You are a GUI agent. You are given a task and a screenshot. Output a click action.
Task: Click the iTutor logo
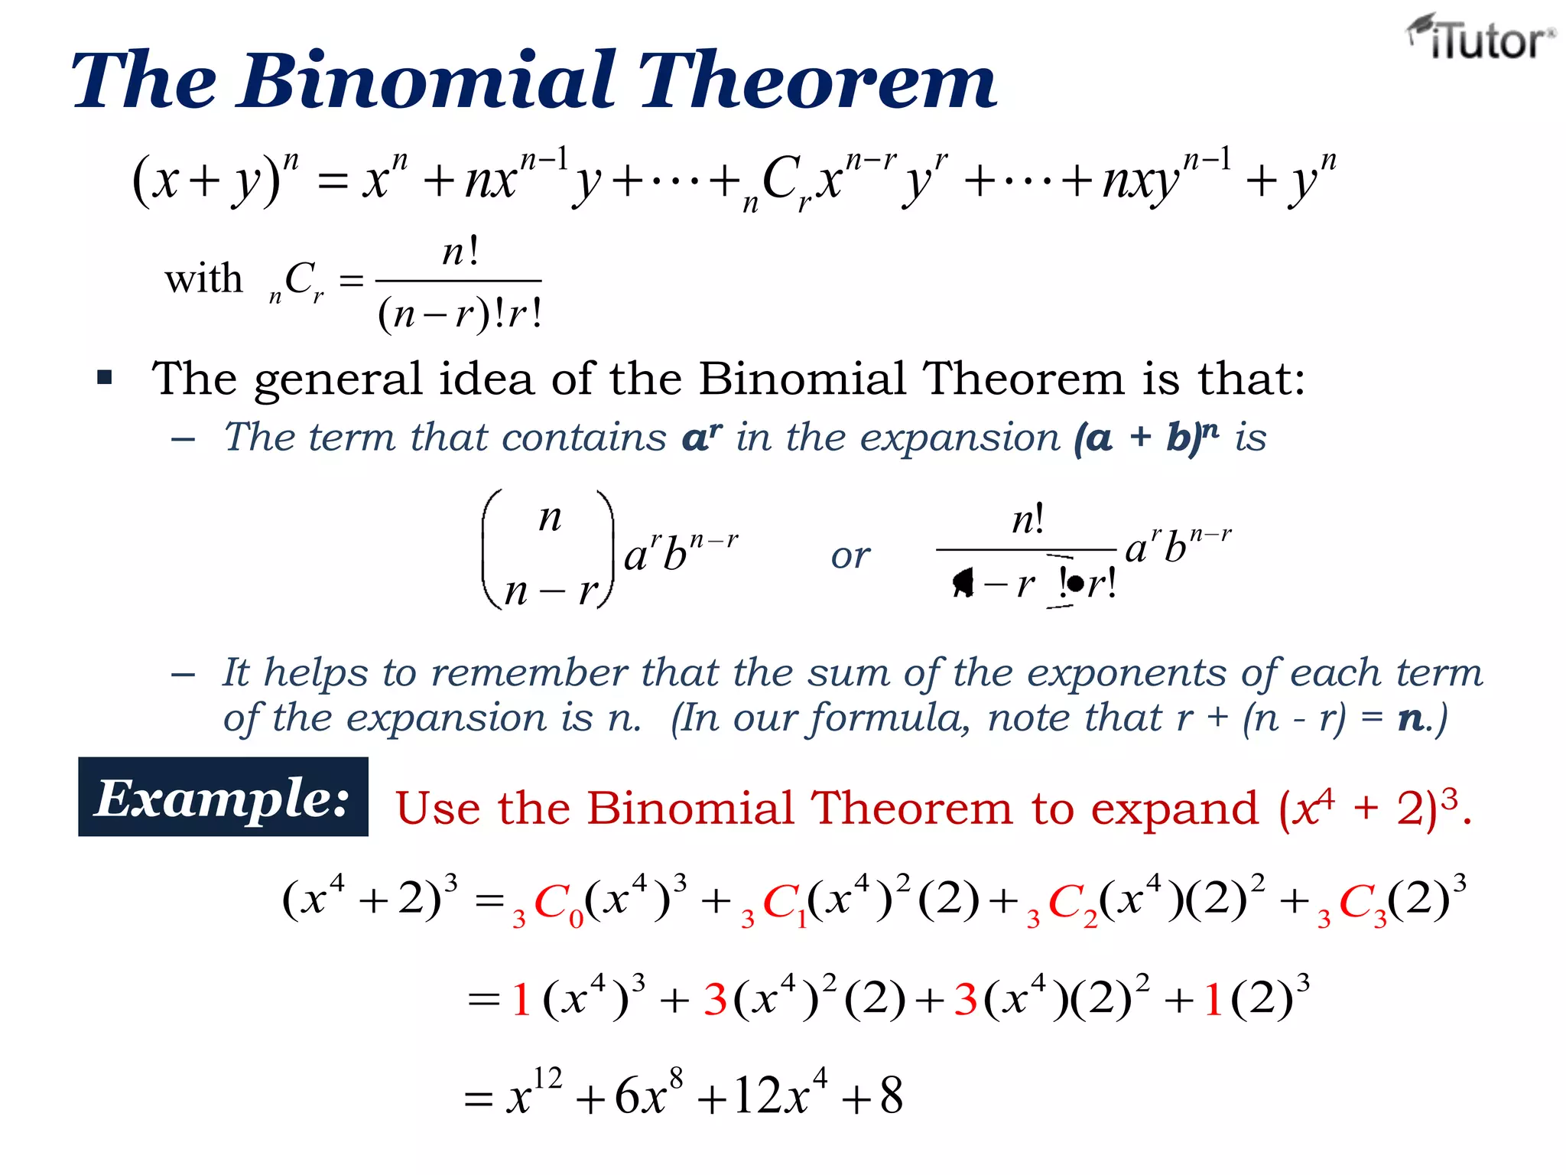[x=1480, y=38]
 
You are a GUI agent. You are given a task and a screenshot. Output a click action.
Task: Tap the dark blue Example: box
[x=223, y=797]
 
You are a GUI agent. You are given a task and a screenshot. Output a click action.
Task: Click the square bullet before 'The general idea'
[x=105, y=377]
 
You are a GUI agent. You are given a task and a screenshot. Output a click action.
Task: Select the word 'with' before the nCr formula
[x=203, y=278]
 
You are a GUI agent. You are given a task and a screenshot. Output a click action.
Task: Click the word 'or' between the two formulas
[x=850, y=556]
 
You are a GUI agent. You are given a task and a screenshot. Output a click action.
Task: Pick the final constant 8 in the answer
[x=892, y=1095]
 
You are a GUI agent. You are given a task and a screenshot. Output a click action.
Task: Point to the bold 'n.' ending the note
[x=1413, y=718]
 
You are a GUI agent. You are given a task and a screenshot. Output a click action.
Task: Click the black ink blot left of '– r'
[x=963, y=583]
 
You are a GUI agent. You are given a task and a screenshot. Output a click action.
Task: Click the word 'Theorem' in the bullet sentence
[x=1024, y=378]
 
